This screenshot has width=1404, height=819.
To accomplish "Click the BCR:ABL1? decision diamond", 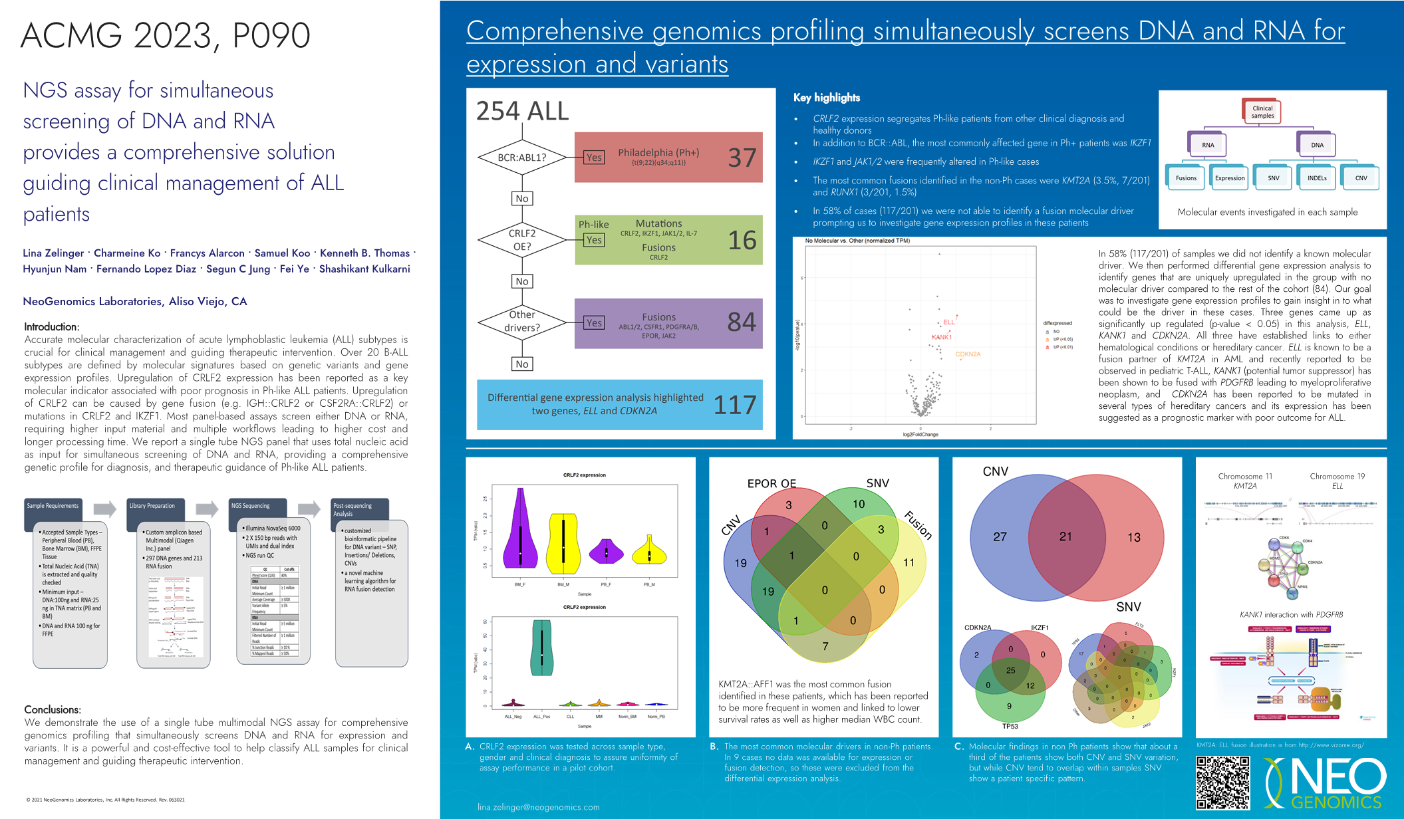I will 522,158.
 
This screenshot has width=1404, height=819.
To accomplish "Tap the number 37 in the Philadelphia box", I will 742,158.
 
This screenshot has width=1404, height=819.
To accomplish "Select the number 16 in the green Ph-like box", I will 742,240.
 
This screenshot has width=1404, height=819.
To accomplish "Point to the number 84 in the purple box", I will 742,322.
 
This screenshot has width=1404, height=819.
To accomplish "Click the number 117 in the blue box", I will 734,405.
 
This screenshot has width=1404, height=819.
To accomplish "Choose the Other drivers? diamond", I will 522,322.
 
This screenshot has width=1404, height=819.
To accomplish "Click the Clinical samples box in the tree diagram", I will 1262,112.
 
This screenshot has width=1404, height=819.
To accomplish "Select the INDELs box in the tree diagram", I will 1316,178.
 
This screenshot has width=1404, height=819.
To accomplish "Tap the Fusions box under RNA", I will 1186,178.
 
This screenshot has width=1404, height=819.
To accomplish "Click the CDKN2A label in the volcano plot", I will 968,354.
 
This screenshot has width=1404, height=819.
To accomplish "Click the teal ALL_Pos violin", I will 542,647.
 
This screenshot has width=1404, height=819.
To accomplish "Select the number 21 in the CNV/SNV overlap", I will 1065,536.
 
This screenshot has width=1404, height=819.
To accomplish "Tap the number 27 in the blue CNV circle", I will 1000,536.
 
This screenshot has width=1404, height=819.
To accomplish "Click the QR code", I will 1222,782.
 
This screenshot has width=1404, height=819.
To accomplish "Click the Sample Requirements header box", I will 53,507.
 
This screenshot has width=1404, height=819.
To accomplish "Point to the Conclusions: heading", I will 53,709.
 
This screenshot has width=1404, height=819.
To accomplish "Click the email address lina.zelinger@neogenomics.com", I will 538,807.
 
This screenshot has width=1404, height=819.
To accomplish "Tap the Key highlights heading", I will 826,98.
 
